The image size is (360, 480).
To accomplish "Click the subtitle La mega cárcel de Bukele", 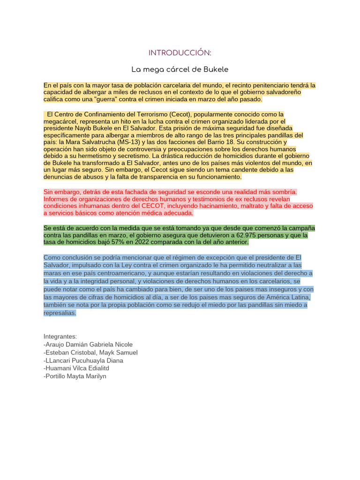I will click(180, 69).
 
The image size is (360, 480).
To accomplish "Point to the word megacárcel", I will click(61, 121).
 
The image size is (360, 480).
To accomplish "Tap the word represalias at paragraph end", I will click(60, 313).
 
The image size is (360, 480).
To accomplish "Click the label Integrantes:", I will click(60, 337).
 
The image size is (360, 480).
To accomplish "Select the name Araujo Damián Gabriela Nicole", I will click(88, 345).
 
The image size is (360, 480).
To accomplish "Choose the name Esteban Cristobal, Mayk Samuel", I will click(90, 352).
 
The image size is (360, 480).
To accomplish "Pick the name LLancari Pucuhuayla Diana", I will click(83, 360).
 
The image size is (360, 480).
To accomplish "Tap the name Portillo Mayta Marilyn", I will click(75, 376).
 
